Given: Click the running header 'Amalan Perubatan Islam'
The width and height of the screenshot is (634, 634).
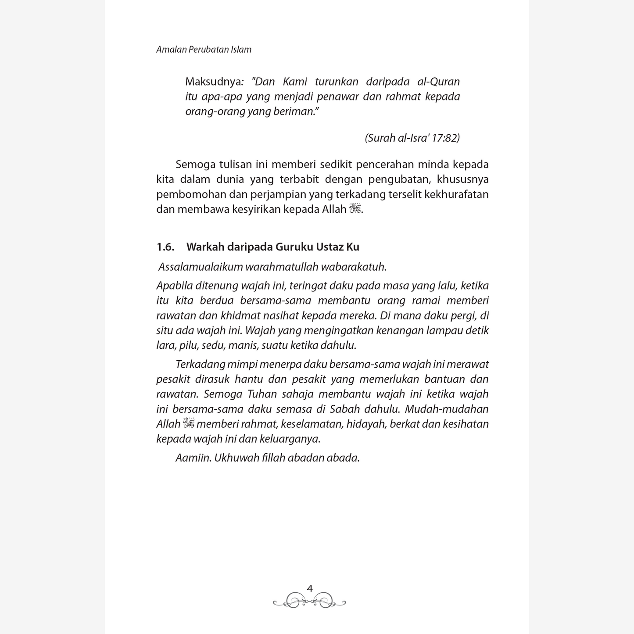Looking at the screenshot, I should (204, 50).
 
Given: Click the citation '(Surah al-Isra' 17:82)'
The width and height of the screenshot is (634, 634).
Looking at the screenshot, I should (412, 138).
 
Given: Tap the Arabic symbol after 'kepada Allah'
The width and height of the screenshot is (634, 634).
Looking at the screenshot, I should (355, 209).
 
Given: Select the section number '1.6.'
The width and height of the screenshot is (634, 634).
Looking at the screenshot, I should (165, 247).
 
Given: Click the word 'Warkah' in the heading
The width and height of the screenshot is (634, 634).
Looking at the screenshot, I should (205, 247).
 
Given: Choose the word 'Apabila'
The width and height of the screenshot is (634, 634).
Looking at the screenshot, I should (174, 286).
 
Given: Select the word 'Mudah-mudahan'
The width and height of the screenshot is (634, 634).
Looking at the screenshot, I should (447, 409).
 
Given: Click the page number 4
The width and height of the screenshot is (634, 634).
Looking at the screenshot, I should (310, 589).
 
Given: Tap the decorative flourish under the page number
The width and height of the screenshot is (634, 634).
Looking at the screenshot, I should (309, 601).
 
